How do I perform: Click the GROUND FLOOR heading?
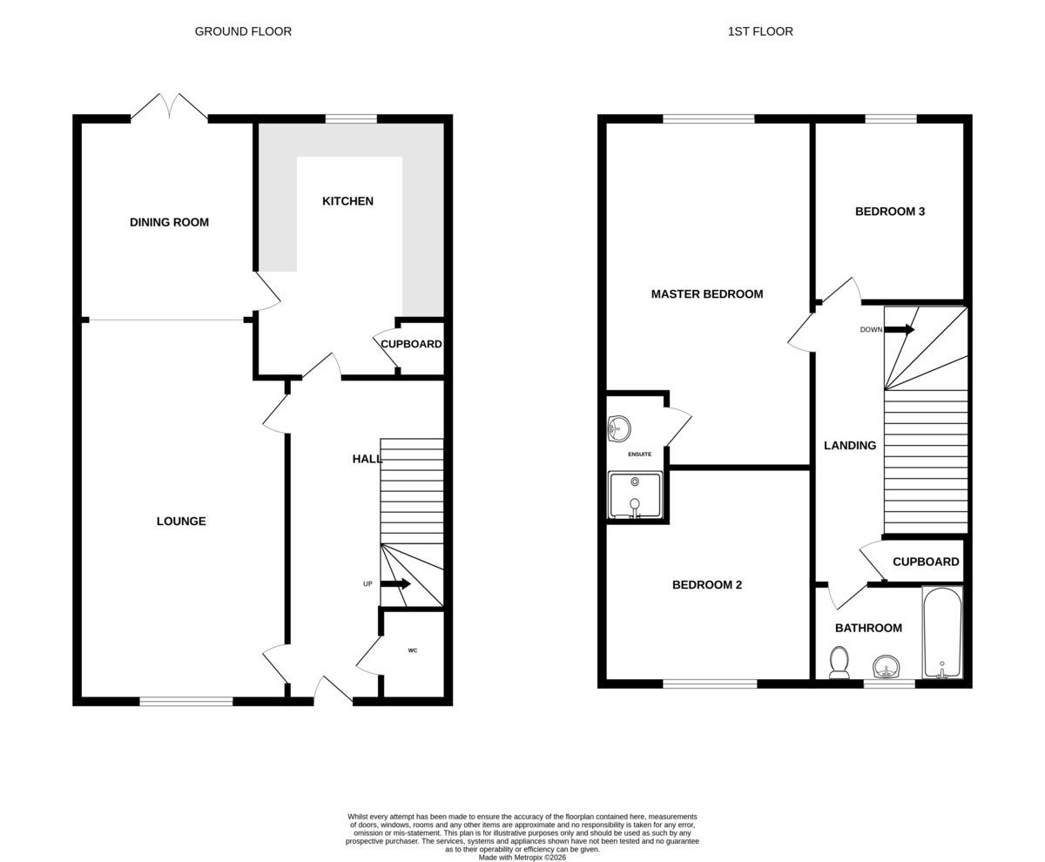click(x=243, y=31)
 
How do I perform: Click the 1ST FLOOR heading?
click(x=760, y=31)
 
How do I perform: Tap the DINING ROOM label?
click(x=169, y=222)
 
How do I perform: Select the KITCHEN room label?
click(x=347, y=201)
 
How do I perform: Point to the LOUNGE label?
click(x=181, y=521)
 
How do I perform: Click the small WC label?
click(x=413, y=650)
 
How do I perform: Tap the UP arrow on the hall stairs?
click(x=395, y=583)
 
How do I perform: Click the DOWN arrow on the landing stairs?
click(x=900, y=329)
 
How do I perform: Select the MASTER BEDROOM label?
click(x=707, y=294)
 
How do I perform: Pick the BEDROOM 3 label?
click(x=890, y=212)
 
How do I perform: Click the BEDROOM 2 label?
click(x=707, y=584)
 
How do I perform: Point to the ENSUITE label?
click(x=639, y=454)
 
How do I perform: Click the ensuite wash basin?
click(x=619, y=428)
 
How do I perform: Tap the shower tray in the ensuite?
click(x=635, y=495)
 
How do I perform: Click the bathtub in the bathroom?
click(x=942, y=633)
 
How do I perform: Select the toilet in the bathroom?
click(x=839, y=663)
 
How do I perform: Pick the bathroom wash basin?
click(x=887, y=667)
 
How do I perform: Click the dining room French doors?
click(x=169, y=106)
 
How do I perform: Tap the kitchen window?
click(x=351, y=118)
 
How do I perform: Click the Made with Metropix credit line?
click(x=522, y=858)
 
